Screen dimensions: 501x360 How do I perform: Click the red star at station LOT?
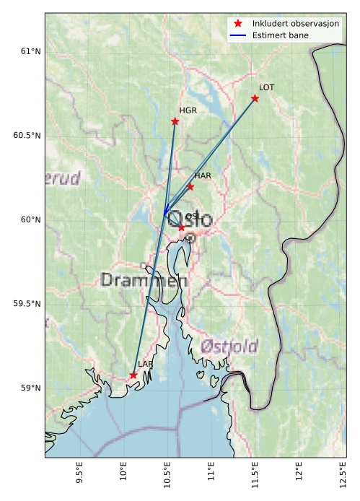click(255, 98)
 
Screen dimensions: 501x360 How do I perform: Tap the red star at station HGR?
click(175, 121)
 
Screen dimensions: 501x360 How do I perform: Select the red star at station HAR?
click(190, 186)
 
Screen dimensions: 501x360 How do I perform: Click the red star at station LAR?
click(133, 375)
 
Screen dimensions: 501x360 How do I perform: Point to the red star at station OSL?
click(181, 227)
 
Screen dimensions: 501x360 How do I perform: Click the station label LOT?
click(266, 87)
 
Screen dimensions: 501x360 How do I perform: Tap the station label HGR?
click(188, 110)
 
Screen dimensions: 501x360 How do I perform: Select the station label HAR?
click(203, 175)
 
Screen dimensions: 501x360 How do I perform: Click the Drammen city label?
click(144, 279)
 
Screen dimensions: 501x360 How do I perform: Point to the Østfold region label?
click(229, 346)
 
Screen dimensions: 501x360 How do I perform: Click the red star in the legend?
click(239, 24)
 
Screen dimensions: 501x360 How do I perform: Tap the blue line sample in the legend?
click(239, 35)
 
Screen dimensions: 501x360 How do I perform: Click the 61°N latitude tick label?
click(30, 51)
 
